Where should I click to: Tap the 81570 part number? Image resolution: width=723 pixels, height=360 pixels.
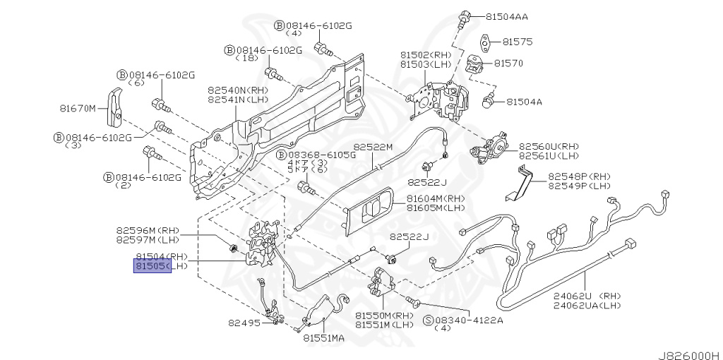tap(508, 63)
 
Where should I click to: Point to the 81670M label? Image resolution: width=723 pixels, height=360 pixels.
tap(77, 109)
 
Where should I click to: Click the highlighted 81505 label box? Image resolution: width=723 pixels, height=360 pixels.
tap(153, 266)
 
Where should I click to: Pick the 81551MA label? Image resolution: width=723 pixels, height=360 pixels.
tap(324, 338)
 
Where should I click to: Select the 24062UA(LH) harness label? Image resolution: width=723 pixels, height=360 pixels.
tap(587, 305)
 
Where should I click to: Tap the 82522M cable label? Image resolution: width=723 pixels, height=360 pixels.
tap(373, 146)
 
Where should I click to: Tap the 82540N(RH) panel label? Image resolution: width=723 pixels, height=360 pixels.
tap(237, 90)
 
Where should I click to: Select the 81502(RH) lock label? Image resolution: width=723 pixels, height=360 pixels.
tap(426, 54)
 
